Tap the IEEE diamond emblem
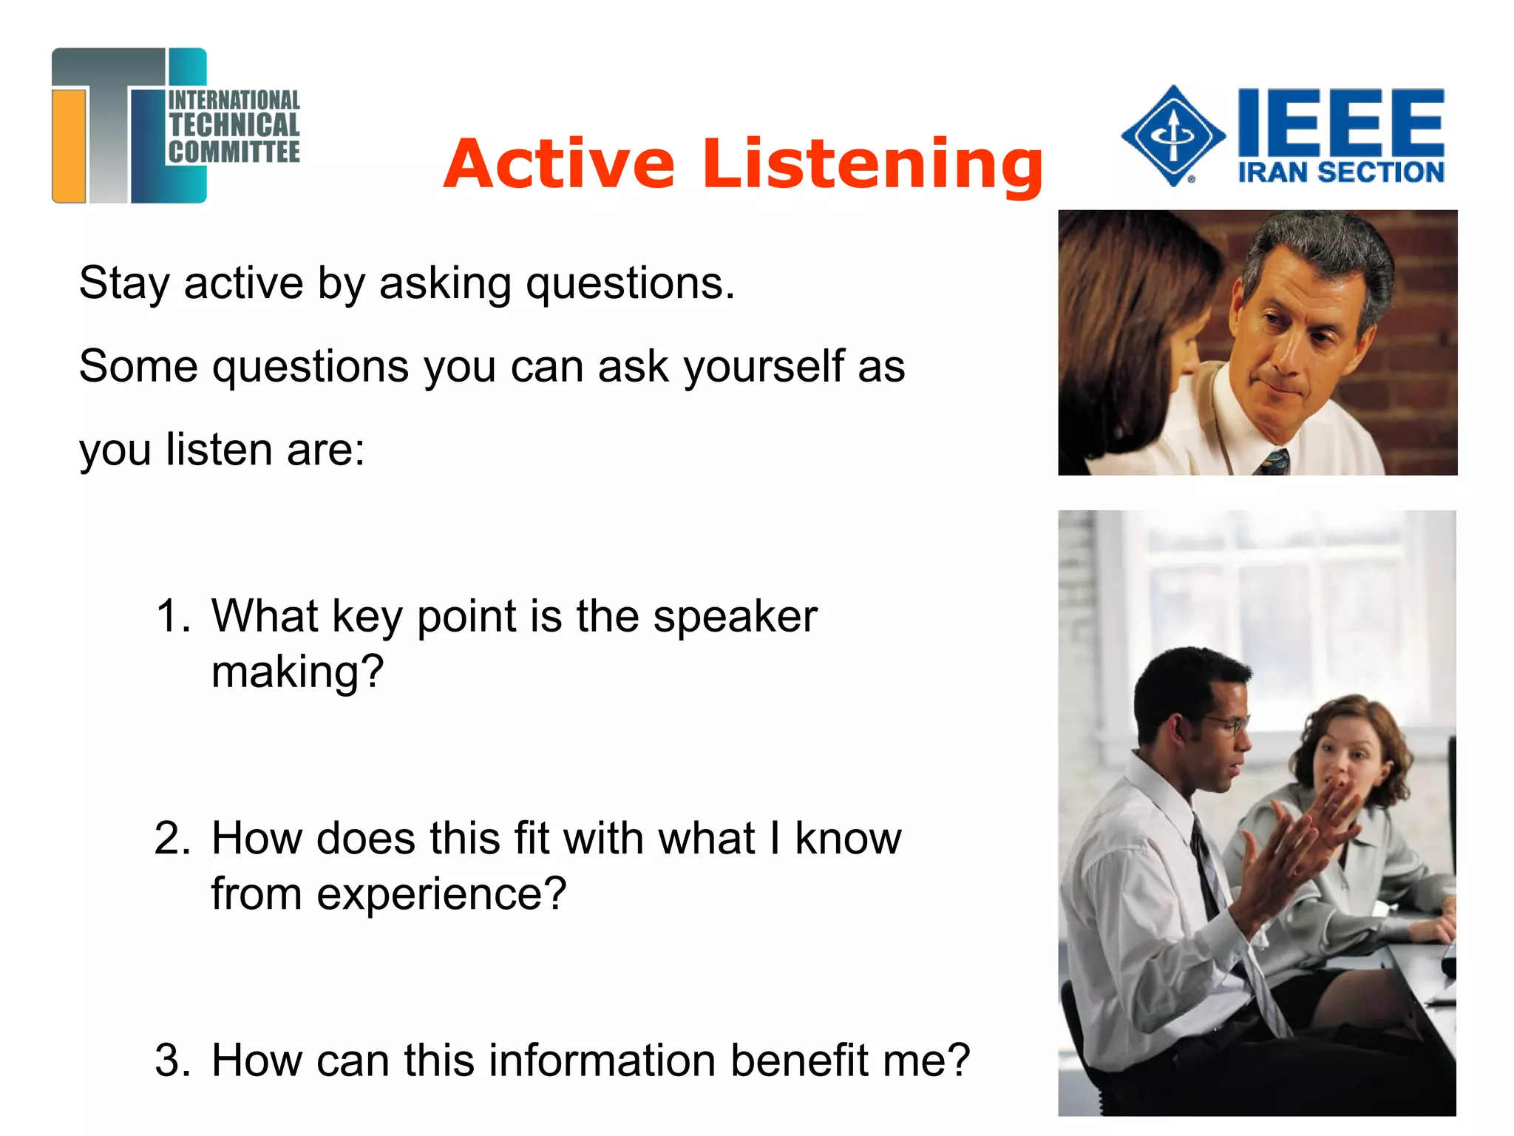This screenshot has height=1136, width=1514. [x=1172, y=136]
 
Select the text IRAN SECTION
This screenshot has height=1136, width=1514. [x=1340, y=172]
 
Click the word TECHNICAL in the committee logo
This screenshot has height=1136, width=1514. [x=234, y=125]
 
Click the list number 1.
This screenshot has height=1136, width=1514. [x=172, y=615]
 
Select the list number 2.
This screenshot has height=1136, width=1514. [x=172, y=838]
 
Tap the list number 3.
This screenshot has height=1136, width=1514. [x=172, y=1060]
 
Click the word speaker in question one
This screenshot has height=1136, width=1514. [x=735, y=617]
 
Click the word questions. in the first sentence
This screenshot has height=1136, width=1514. [x=631, y=284]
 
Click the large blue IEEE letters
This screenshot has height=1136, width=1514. [x=1340, y=122]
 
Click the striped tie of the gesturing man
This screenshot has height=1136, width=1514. [x=1212, y=887]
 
